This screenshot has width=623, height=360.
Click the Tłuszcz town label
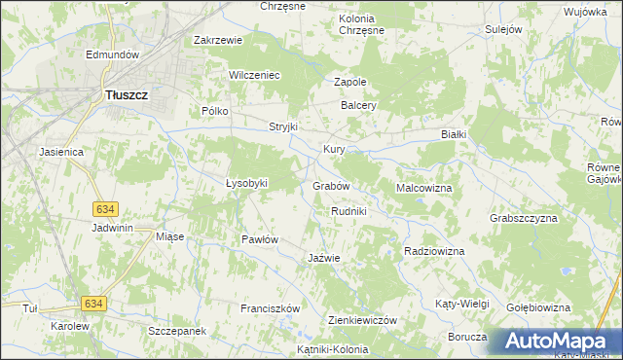pos(125,95)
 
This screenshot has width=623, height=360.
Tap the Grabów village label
pos(331,185)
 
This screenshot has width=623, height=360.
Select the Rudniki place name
pos(348,211)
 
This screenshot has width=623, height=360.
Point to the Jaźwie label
pos(323,258)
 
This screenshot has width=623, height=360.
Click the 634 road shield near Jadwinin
pos(106,209)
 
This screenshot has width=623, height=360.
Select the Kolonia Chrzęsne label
pos(361,24)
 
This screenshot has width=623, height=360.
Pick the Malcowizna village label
pos(424,187)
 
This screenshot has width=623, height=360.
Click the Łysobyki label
pos(246,183)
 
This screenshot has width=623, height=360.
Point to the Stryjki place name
pos(283,127)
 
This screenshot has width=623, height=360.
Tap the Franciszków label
pos(270,308)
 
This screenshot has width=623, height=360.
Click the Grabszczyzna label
pos(524,218)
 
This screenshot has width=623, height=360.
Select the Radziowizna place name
pos(434,251)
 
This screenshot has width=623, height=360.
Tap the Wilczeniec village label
pos(254,75)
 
